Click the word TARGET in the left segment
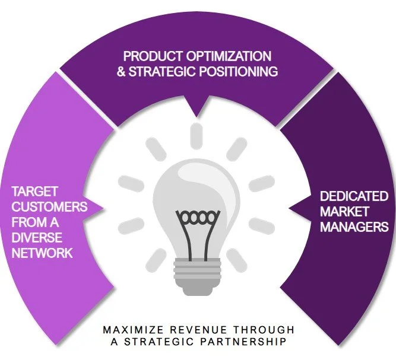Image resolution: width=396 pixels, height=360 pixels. [x=35, y=193]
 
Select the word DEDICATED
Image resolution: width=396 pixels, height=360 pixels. [x=354, y=196]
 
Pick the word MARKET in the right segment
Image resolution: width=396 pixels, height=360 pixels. [x=344, y=211]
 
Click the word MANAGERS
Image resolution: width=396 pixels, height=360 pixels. [x=354, y=227]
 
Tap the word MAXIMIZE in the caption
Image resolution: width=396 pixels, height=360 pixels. [x=128, y=330]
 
